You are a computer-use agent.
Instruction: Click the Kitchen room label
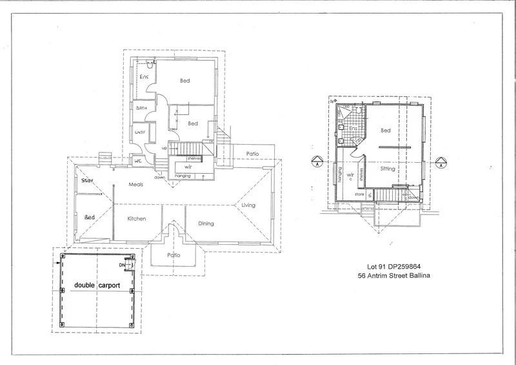click(137, 218)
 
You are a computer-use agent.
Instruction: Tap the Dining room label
click(206, 224)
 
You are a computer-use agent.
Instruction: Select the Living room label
click(249, 205)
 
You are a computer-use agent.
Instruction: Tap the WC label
click(138, 160)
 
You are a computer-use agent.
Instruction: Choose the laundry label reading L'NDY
click(141, 132)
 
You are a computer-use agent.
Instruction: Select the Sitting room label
click(387, 169)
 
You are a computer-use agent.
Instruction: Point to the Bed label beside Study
click(90, 218)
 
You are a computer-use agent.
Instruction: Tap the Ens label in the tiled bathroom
click(352, 129)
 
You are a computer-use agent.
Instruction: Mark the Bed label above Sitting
click(386, 130)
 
